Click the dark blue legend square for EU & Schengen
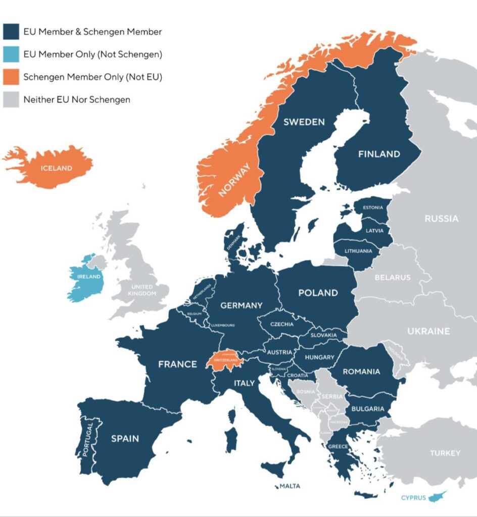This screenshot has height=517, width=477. pos(11,31)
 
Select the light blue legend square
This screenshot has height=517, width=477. pos(11,54)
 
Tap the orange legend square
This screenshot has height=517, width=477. pos(11,77)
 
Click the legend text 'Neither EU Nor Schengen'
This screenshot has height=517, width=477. pos(77,99)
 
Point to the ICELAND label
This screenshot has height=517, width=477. pos(56,168)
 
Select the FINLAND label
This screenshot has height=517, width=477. pos(379,154)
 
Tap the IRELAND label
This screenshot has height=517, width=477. pos(89,277)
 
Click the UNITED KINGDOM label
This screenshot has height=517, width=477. pos(141,290)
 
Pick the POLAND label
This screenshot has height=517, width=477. pos(318,293)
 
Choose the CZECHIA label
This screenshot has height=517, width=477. pos(282,324)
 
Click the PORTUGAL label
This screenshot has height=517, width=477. pos(89,439)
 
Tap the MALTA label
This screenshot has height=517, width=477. pos(290,486)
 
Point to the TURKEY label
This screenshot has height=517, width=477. pos(445,453)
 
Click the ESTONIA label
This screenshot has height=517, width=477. pos(373,208)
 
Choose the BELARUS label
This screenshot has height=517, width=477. pos(393,277)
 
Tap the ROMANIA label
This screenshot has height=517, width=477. pos(361,372)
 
